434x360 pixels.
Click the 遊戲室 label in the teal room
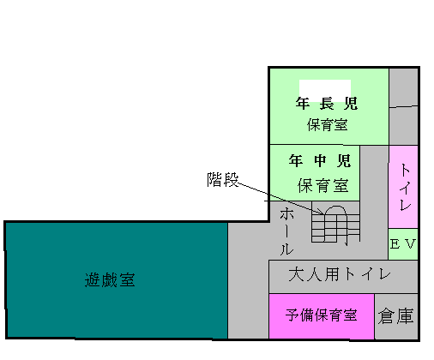point(110,279)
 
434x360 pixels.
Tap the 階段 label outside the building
point(223,179)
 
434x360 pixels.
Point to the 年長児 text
point(327,104)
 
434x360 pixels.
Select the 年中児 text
point(320,160)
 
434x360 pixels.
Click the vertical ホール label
point(286,231)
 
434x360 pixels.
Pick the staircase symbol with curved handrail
point(335,225)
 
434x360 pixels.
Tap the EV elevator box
point(403,244)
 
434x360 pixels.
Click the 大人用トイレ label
point(340,274)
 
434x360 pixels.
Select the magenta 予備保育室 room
point(322,316)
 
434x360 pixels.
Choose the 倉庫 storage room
point(396,316)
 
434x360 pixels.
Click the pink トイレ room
point(403,187)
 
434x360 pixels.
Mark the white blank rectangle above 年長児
point(325,91)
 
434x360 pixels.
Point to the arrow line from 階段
point(281,198)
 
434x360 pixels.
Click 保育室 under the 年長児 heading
point(327,125)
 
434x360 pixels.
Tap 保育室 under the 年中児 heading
point(323,186)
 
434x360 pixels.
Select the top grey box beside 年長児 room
point(403,87)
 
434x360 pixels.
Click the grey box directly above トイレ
point(403,126)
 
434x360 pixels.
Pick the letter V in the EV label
point(410,244)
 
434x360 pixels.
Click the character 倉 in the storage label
point(386,316)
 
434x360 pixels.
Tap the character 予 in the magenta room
point(292,315)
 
